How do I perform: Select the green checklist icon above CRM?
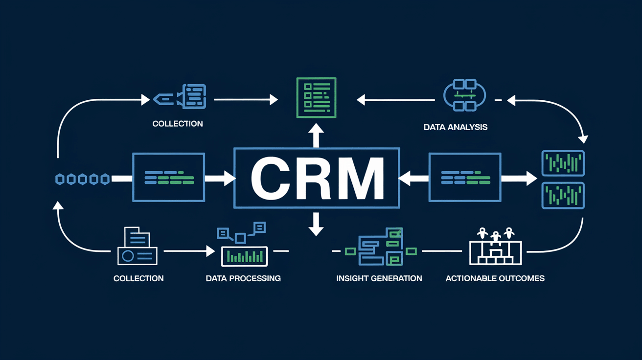click(x=316, y=97)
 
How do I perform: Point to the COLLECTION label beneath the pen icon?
click(x=178, y=124)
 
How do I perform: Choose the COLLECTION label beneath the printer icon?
click(x=138, y=278)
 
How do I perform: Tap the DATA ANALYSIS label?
click(x=456, y=127)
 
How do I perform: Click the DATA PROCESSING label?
click(x=243, y=278)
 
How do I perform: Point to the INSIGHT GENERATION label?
click(x=379, y=278)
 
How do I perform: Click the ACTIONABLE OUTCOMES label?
click(x=495, y=278)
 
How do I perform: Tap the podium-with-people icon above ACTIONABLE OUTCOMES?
click(x=496, y=247)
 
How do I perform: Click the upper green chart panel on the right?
click(x=563, y=163)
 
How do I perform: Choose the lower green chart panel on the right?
click(x=563, y=196)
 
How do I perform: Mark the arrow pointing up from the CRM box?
click(x=316, y=134)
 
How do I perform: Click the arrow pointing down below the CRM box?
click(x=316, y=224)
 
